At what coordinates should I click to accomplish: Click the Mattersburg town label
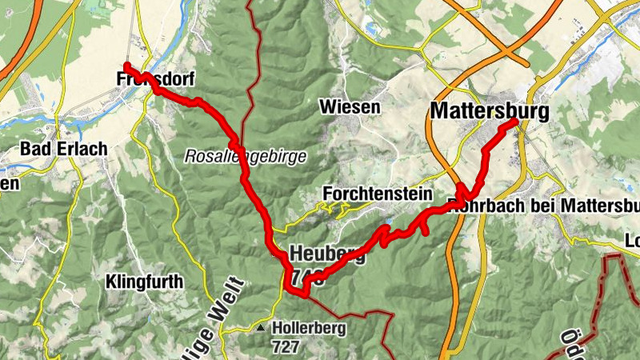coord(490,110)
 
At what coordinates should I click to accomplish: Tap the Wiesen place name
coord(349,106)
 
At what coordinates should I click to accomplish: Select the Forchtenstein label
coord(378,194)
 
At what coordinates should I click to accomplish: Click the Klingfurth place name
coord(144,282)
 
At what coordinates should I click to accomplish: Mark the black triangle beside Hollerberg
coord(261,327)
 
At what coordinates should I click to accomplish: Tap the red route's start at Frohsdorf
coord(126,65)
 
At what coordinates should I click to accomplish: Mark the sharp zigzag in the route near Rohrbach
coord(464,192)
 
